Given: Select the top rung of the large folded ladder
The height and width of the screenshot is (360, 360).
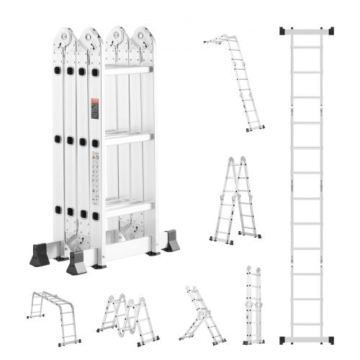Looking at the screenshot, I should (x=128, y=69).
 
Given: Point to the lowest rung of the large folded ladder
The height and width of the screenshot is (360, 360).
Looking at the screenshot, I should (x=128, y=209).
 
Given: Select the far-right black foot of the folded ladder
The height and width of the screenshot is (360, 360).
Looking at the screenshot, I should (x=171, y=241).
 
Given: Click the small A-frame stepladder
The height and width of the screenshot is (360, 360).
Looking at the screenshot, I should (x=235, y=198).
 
